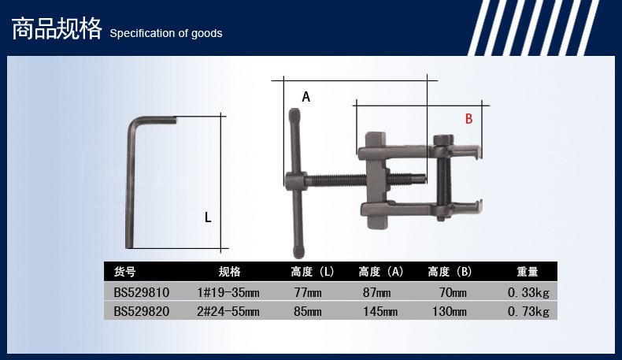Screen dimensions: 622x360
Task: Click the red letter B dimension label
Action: (x=469, y=119)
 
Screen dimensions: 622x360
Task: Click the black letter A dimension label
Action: (x=305, y=96)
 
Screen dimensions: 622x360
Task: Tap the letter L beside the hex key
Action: (x=208, y=217)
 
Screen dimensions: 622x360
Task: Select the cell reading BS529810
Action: (x=141, y=292)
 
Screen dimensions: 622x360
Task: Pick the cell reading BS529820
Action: (x=141, y=311)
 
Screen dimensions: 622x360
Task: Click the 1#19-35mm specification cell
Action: (x=228, y=293)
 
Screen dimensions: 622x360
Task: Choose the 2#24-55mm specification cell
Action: (x=228, y=312)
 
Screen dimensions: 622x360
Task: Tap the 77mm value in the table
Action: (x=308, y=293)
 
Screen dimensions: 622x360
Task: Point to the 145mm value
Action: (x=380, y=312)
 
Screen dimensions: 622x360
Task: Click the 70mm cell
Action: (x=453, y=293)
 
